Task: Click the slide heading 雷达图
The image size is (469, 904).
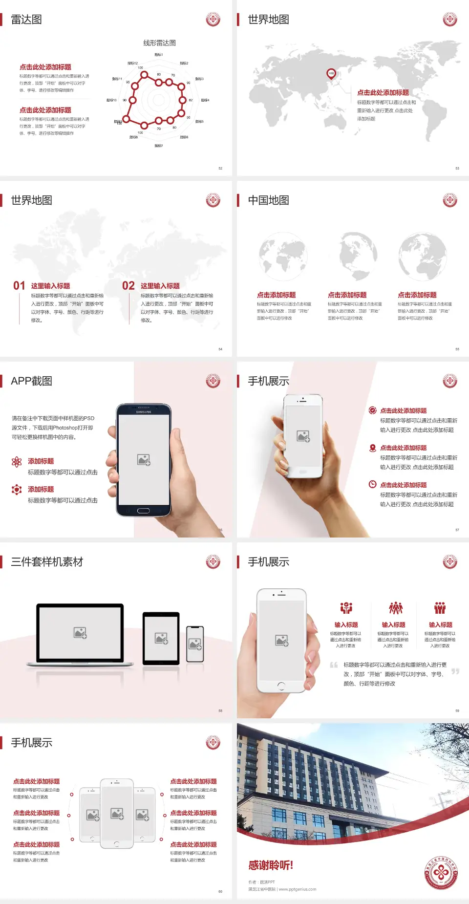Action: [26, 20]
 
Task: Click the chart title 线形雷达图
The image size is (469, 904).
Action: [159, 43]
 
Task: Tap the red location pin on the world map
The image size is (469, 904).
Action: [331, 73]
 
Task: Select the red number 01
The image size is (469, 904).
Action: [19, 285]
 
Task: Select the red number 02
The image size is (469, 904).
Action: [128, 285]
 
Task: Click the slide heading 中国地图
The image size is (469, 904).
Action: [268, 200]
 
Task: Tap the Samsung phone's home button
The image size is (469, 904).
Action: [143, 511]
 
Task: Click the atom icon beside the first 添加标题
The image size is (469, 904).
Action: [17, 462]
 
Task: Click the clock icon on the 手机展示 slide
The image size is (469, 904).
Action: [372, 484]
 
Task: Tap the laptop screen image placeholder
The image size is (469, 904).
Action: [80, 633]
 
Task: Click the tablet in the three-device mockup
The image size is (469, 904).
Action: [161, 638]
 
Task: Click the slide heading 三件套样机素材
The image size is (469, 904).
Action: [47, 562]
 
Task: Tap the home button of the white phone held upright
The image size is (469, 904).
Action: [281, 686]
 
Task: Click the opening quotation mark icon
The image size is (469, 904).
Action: [334, 665]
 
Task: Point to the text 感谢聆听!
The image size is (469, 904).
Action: [271, 865]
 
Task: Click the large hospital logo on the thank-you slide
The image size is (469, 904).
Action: [441, 873]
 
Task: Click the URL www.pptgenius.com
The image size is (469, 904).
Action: [298, 889]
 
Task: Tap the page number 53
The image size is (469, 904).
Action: [457, 168]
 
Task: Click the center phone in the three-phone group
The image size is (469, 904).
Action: [117, 813]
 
